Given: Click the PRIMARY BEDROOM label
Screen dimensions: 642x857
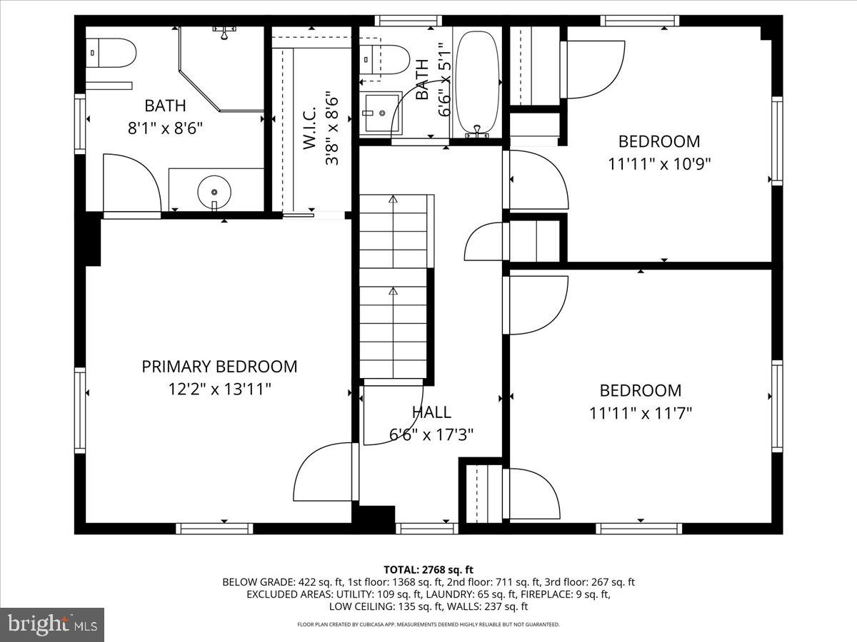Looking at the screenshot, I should tap(219, 367).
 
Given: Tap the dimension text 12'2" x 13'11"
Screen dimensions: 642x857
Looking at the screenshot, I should tap(219, 389).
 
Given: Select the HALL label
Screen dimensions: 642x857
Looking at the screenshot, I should tap(431, 412).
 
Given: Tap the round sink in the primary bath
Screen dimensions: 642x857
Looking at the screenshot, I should tap(214, 192).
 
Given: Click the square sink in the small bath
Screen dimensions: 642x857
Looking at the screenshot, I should tap(381, 113).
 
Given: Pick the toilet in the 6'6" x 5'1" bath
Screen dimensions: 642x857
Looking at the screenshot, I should tap(384, 58).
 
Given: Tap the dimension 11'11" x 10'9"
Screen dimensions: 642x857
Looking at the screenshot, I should tap(659, 163).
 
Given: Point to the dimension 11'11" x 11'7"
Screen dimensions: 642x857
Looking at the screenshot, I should tap(641, 413).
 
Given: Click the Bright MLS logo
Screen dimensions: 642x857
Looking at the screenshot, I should tap(52, 625).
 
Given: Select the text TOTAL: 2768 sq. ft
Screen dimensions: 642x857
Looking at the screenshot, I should tap(428, 569).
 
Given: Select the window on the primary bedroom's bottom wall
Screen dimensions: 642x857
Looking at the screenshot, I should tap(214, 528).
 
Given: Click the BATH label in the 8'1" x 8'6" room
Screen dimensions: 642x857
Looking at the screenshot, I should tap(165, 106).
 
